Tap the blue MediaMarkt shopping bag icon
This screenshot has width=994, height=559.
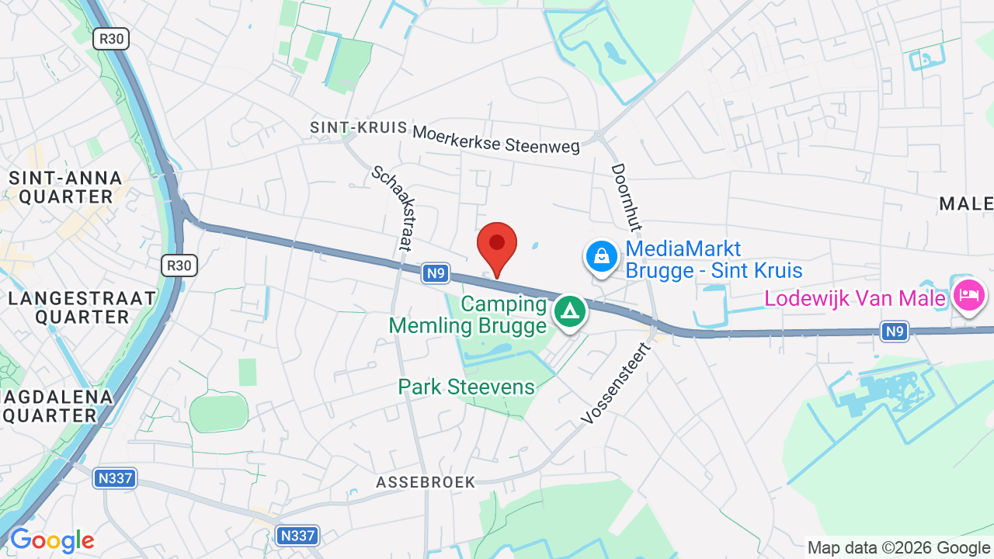601,256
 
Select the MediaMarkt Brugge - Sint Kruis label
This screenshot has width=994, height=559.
713,259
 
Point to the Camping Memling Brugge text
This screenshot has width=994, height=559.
468,314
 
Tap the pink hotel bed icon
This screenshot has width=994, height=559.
969,296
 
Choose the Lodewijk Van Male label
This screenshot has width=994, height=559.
856,298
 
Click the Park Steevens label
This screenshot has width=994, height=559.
467,387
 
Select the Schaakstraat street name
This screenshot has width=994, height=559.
391,208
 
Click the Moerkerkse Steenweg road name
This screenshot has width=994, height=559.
496,139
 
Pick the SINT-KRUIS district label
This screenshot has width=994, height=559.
358,127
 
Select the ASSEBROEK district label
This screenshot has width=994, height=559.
426,482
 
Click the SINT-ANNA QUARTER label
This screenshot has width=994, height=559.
66,187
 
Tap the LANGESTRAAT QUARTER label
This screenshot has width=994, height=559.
82,307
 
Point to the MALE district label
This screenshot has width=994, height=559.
966,203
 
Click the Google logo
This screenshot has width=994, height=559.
52,540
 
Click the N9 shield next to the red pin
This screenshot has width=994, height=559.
436,273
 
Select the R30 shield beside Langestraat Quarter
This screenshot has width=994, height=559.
179,266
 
